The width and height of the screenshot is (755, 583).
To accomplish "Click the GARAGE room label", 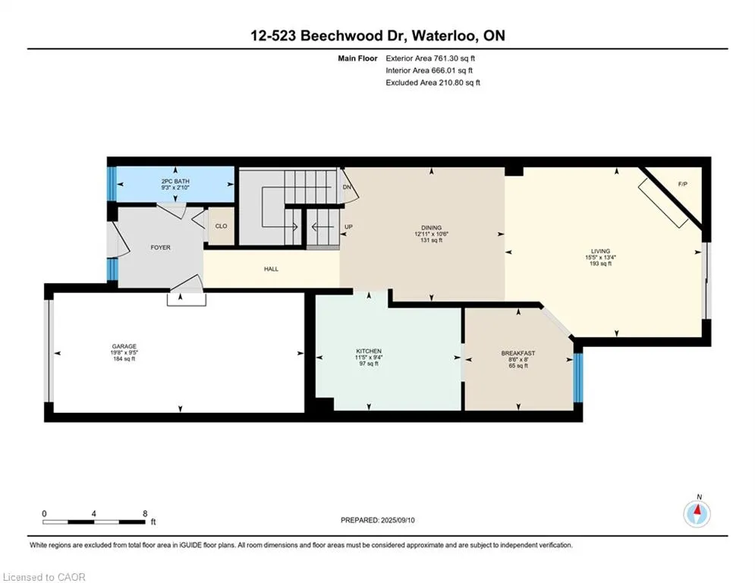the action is point(124,346).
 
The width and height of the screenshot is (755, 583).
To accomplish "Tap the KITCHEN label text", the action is point(369,351).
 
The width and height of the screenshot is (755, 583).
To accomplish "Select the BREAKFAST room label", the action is point(518,353).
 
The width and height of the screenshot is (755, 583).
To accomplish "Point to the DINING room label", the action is point(432,228).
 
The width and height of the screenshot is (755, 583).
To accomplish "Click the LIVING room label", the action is point(600,251).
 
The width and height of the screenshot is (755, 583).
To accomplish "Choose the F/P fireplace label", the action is point(682,184).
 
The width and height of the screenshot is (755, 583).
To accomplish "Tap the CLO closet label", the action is point(221,226).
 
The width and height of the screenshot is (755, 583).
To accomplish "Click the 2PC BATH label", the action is point(175,181).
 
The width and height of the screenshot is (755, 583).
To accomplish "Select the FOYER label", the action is point(160,247).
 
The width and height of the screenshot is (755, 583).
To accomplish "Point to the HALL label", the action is point(271,269).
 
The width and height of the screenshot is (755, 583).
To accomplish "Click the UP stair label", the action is point(348,227).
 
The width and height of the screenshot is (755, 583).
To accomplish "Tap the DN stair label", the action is point(347,187).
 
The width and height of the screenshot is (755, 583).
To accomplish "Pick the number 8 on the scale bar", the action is point(145,514).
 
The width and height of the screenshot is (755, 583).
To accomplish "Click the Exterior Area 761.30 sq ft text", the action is point(430,58).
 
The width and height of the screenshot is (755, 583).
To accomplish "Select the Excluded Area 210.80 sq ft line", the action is point(433,83).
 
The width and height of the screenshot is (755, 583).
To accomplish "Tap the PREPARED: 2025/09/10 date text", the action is point(378,520).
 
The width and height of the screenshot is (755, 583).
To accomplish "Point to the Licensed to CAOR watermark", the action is point(44,577).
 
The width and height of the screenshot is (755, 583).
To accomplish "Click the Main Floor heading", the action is point(357,58).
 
